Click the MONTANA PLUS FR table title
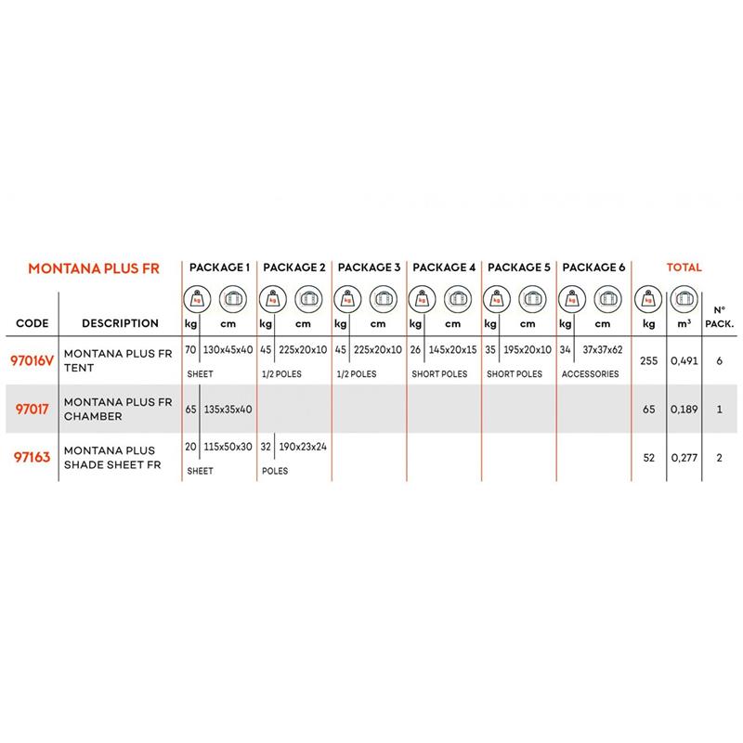click(x=94, y=269)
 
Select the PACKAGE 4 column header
click(x=443, y=267)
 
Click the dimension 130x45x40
click(x=227, y=351)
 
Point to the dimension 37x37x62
click(x=603, y=351)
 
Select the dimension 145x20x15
click(x=452, y=351)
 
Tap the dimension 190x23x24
click(x=303, y=448)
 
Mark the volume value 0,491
click(x=683, y=360)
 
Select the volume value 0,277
click(x=683, y=457)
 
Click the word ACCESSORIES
click(x=591, y=374)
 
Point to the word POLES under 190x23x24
click(x=276, y=471)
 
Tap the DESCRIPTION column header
click(x=120, y=324)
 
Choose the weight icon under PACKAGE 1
click(x=198, y=299)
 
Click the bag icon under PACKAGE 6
click(x=606, y=299)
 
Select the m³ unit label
click(x=683, y=324)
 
